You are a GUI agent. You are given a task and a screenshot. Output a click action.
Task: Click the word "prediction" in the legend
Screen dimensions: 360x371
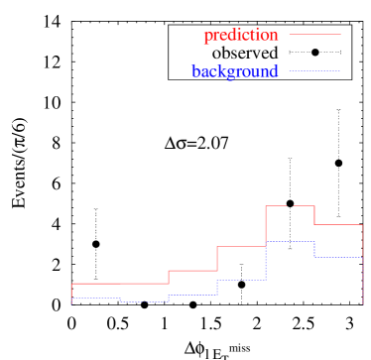pos(240,36)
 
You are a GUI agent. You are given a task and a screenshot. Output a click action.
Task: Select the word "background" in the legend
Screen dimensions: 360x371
pos(235,71)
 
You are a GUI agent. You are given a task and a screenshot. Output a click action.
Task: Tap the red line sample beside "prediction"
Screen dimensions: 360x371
pos(313,35)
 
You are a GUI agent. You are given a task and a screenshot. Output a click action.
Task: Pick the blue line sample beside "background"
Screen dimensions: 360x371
pos(313,70)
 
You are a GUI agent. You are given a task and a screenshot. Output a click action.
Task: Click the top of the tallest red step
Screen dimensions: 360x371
pos(290,205)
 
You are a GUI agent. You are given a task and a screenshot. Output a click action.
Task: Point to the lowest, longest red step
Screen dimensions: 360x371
pos(120,284)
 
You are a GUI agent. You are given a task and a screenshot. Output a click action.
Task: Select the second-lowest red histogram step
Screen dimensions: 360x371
pos(192,270)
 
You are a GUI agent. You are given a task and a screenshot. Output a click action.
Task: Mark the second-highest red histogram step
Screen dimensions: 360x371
pos(338,225)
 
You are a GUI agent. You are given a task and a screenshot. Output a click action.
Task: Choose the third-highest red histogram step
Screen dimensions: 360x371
pos(241,246)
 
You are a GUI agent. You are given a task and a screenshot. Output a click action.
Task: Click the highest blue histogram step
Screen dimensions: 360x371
pos(290,241)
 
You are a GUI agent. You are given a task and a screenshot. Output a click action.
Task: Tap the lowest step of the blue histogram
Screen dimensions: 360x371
pos(144,301)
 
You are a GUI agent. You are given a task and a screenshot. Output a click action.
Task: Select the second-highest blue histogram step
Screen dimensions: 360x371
pos(338,257)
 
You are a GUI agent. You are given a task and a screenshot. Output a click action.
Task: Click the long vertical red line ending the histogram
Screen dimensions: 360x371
pos(363,264)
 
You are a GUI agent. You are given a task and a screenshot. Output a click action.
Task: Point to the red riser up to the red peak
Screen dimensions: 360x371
pos(266,226)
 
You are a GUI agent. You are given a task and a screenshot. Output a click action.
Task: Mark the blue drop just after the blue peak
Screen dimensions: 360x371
pos(314,249)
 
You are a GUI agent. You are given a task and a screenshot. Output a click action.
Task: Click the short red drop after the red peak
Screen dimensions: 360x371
pos(314,215)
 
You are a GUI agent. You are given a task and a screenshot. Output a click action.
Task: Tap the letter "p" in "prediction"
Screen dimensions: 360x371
pos(207,37)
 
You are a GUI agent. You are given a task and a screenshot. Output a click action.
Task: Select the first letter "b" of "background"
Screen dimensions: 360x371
pos(195,71)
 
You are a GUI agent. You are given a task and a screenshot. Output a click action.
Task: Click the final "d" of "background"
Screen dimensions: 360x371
pos(274,71)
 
